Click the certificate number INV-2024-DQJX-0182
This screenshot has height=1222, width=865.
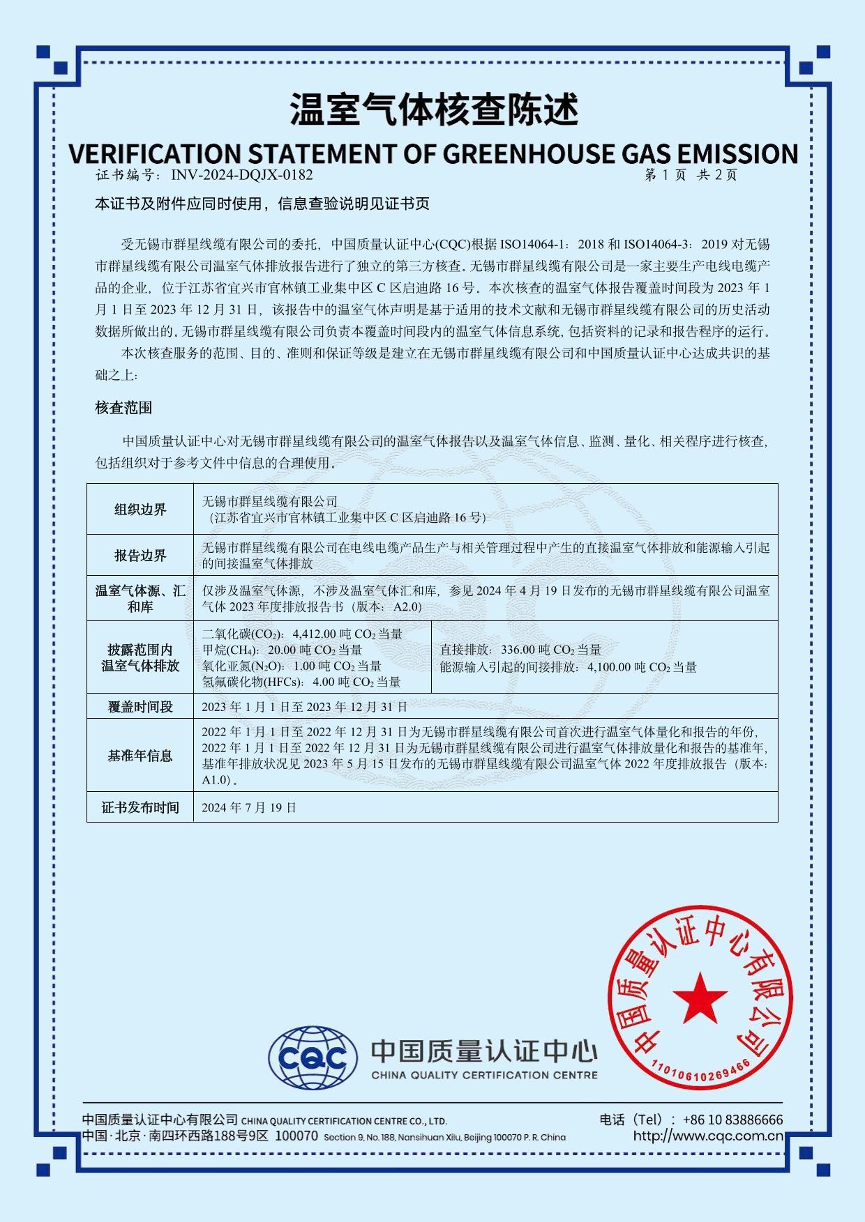click(241, 175)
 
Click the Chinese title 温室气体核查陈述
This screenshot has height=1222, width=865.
click(433, 109)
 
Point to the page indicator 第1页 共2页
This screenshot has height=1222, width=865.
click(691, 175)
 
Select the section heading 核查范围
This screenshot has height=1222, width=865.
click(123, 408)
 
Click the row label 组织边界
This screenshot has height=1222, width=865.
click(140, 510)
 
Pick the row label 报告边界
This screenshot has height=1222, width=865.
click(140, 556)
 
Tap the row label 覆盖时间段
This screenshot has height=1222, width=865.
click(140, 707)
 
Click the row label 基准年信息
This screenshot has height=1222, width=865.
click(140, 756)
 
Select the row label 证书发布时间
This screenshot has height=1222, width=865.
click(140, 807)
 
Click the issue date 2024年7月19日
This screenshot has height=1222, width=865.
click(249, 807)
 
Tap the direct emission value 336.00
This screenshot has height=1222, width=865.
click(518, 650)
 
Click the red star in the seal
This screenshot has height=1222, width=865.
click(700, 998)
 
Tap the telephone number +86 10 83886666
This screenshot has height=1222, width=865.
click(732, 1120)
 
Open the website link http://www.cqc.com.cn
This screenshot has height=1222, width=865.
click(708, 1136)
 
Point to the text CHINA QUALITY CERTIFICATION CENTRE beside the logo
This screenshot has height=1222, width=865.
click(484, 1075)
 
